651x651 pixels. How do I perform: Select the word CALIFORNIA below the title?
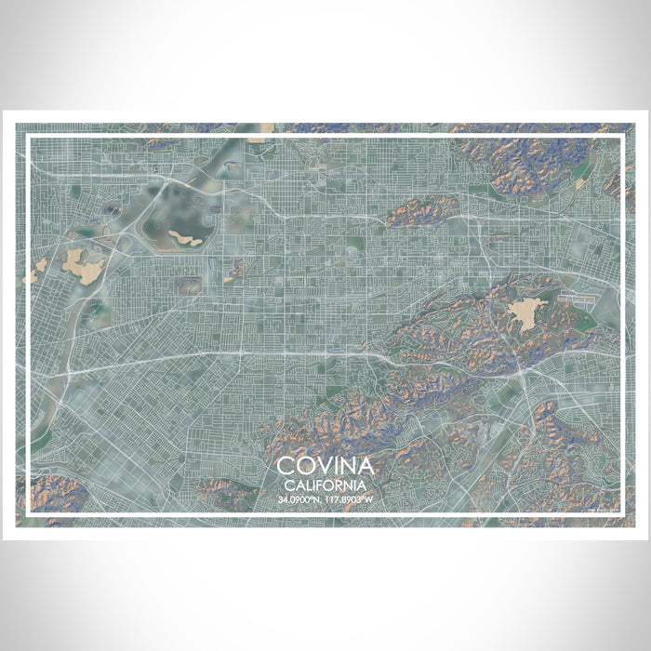pyautogui.click(x=325, y=485)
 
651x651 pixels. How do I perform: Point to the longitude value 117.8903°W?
pyautogui.click(x=351, y=499)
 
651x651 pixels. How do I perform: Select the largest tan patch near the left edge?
pyautogui.click(x=84, y=269)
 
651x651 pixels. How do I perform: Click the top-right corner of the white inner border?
pyautogui.click(x=621, y=137)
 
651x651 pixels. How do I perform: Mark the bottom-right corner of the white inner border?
pyautogui.click(x=621, y=514)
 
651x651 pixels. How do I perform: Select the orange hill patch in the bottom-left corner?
pyautogui.click(x=51, y=493)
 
